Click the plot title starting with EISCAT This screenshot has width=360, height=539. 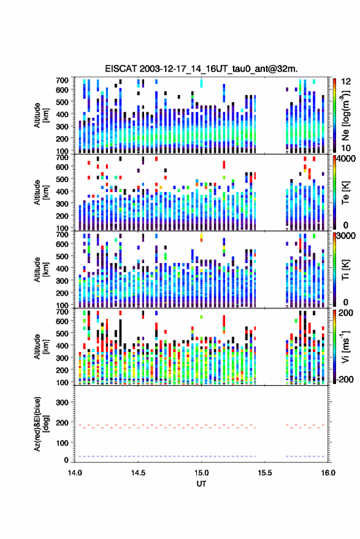pos(201,69)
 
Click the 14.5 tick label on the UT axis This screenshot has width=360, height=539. pos(138,473)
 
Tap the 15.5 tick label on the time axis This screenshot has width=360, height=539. pos(264,473)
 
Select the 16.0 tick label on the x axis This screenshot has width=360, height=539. pos(327,473)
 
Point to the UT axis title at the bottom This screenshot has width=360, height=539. pos(201,484)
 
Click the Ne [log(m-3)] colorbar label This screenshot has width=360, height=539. pos(345,115)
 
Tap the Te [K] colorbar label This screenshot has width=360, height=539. pos(345,193)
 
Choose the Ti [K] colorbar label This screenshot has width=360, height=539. pos(345,270)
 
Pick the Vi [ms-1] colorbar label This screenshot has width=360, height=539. pos(345,346)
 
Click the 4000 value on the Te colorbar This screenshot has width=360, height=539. pos(345,159)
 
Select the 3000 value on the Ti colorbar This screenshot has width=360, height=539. pos(345,236)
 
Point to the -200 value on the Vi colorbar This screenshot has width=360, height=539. pos(344,380)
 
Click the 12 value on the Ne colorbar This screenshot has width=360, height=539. pos(346,82)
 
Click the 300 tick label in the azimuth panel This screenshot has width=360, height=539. pos(62,402)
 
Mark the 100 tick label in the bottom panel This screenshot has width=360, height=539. pos(62,443)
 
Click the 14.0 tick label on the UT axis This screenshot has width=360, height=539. pos(75,473)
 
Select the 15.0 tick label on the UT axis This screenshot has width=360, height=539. pos(201,473)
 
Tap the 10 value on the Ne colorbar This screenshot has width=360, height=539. pos(346,148)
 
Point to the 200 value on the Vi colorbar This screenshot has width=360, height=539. pos(345,313)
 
